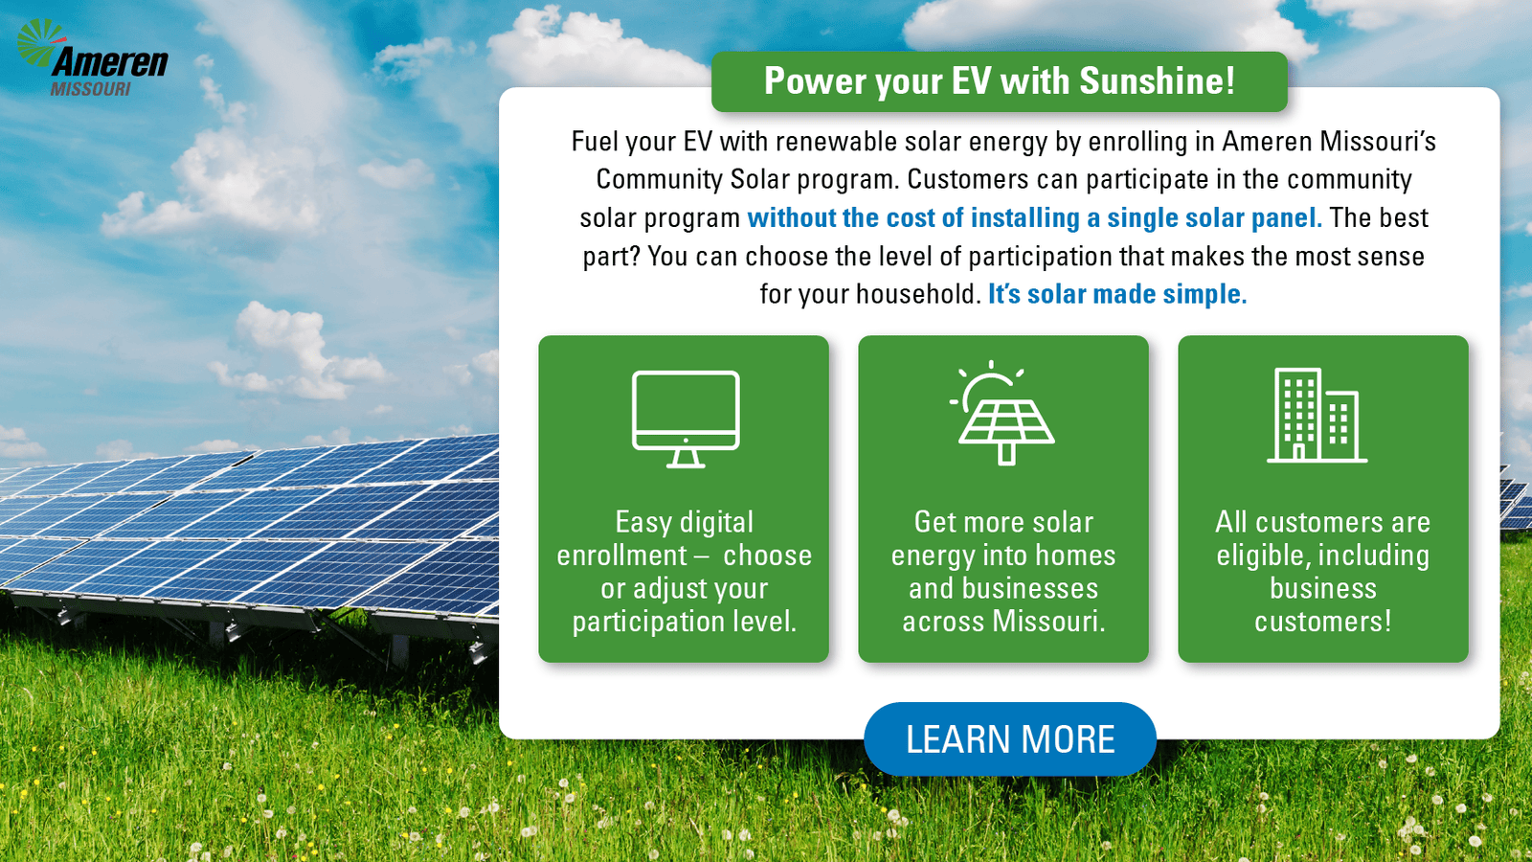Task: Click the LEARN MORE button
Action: point(1009,738)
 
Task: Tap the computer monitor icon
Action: point(686,419)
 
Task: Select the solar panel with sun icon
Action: point(1003,413)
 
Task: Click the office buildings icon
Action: point(1317,416)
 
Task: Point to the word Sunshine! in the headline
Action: point(1158,80)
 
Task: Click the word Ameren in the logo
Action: point(109,63)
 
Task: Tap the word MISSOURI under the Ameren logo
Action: point(90,89)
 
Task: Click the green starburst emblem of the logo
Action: point(39,41)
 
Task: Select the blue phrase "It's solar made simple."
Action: point(1117,294)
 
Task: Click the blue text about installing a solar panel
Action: point(1035,217)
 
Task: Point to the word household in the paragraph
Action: point(918,294)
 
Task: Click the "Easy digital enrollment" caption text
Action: point(684,571)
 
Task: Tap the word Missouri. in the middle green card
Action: point(1048,622)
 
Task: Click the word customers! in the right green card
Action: point(1322,622)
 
